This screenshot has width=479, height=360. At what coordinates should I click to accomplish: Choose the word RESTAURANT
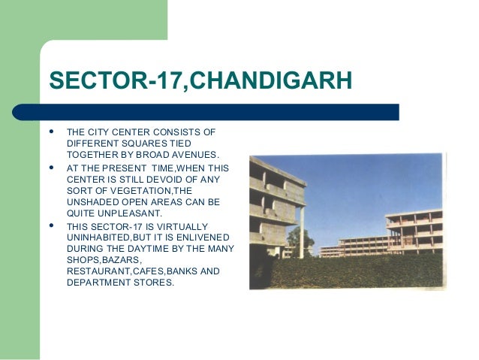point(98,271)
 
